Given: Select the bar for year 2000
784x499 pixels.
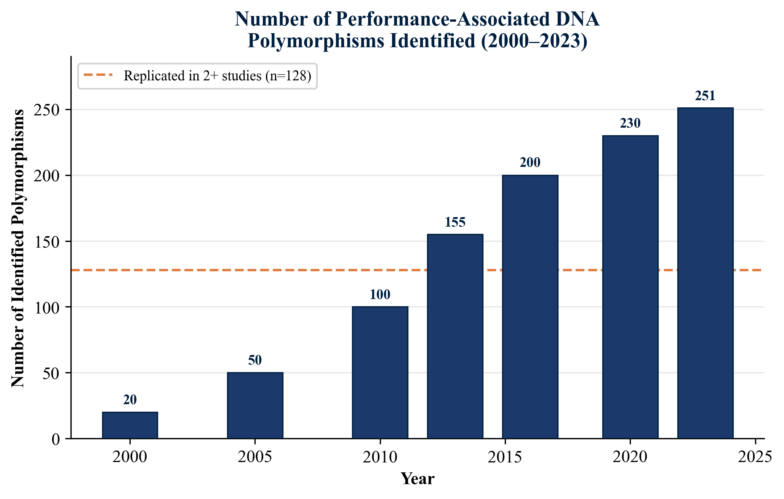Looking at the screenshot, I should [x=130, y=425].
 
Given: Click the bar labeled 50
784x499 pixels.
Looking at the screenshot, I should [x=255, y=405].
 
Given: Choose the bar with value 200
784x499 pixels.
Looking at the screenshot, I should [x=530, y=307].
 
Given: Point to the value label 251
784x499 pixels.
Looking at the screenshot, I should [x=705, y=96].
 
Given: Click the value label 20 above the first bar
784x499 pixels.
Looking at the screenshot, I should [x=130, y=400].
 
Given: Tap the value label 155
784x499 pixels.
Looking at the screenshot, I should [x=455, y=222].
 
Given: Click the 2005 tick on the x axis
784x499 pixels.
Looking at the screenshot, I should [x=255, y=457].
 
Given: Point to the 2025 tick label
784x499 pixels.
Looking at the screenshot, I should [x=755, y=457].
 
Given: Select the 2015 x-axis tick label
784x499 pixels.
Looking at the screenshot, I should [x=505, y=457].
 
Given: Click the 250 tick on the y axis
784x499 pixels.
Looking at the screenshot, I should [x=47, y=110].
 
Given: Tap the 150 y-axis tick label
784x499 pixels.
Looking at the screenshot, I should [x=47, y=242].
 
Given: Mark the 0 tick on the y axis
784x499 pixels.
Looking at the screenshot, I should [x=56, y=439].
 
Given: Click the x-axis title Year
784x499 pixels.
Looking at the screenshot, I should [x=418, y=479].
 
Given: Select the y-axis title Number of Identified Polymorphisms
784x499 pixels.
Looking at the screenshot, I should [x=18, y=248].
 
